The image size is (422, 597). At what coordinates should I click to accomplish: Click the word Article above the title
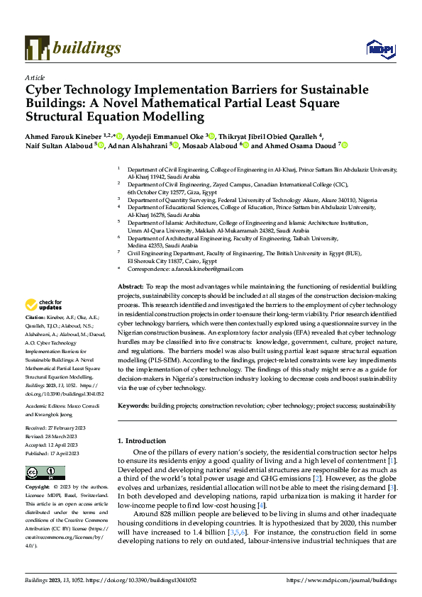[35, 77]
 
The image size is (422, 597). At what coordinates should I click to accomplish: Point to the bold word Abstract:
[131, 284]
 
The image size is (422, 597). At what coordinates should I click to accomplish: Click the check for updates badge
[44, 306]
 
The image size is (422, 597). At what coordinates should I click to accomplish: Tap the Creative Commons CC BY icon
[41, 472]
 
